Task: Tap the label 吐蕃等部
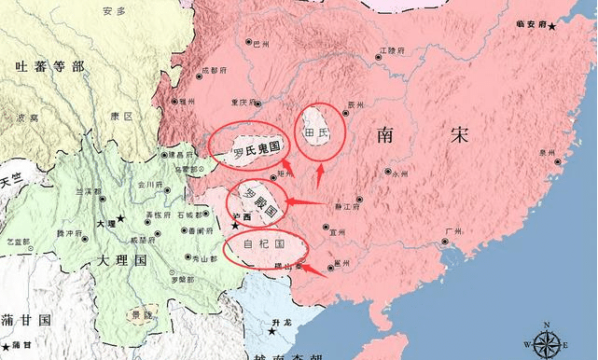tap(49, 67)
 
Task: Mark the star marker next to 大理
tap(119, 217)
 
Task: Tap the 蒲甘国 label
tap(25, 320)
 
